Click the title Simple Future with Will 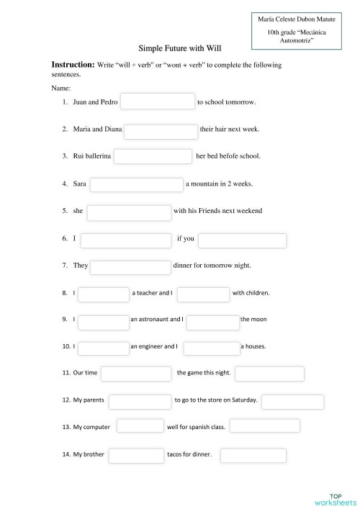[x=180, y=48]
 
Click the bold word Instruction [x=73, y=65]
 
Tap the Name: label [x=60, y=87]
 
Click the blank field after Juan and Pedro [x=158, y=102]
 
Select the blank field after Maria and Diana [x=161, y=131]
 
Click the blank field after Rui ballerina [x=153, y=156]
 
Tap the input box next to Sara [x=136, y=184]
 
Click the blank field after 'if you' [x=242, y=240]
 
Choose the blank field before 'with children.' [x=202, y=294]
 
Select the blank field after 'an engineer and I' [x=211, y=348]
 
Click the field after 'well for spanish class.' [x=259, y=427]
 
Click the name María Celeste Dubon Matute [x=296, y=19]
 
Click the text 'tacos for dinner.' [x=189, y=455]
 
